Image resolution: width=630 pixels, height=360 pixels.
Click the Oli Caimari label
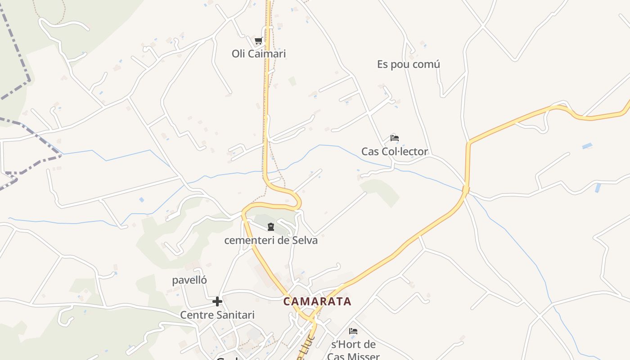[x=259, y=54]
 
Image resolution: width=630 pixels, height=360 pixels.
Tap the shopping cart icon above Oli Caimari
[x=258, y=41]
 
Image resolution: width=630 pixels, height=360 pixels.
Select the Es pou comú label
[x=408, y=64]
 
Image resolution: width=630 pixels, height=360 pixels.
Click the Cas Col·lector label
[x=395, y=152]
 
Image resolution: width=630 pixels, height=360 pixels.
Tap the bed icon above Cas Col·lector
[x=395, y=138]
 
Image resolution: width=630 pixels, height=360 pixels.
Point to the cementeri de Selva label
[x=271, y=240]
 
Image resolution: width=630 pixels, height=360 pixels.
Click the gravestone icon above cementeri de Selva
[x=271, y=227]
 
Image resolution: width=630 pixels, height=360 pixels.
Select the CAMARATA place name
[x=317, y=301]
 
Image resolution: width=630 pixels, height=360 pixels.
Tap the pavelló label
[x=189, y=280]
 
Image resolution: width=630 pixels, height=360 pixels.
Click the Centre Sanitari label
[x=217, y=315]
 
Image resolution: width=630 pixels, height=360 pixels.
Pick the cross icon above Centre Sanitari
[x=217, y=301]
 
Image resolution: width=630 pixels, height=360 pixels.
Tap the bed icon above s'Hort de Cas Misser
[x=353, y=331]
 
